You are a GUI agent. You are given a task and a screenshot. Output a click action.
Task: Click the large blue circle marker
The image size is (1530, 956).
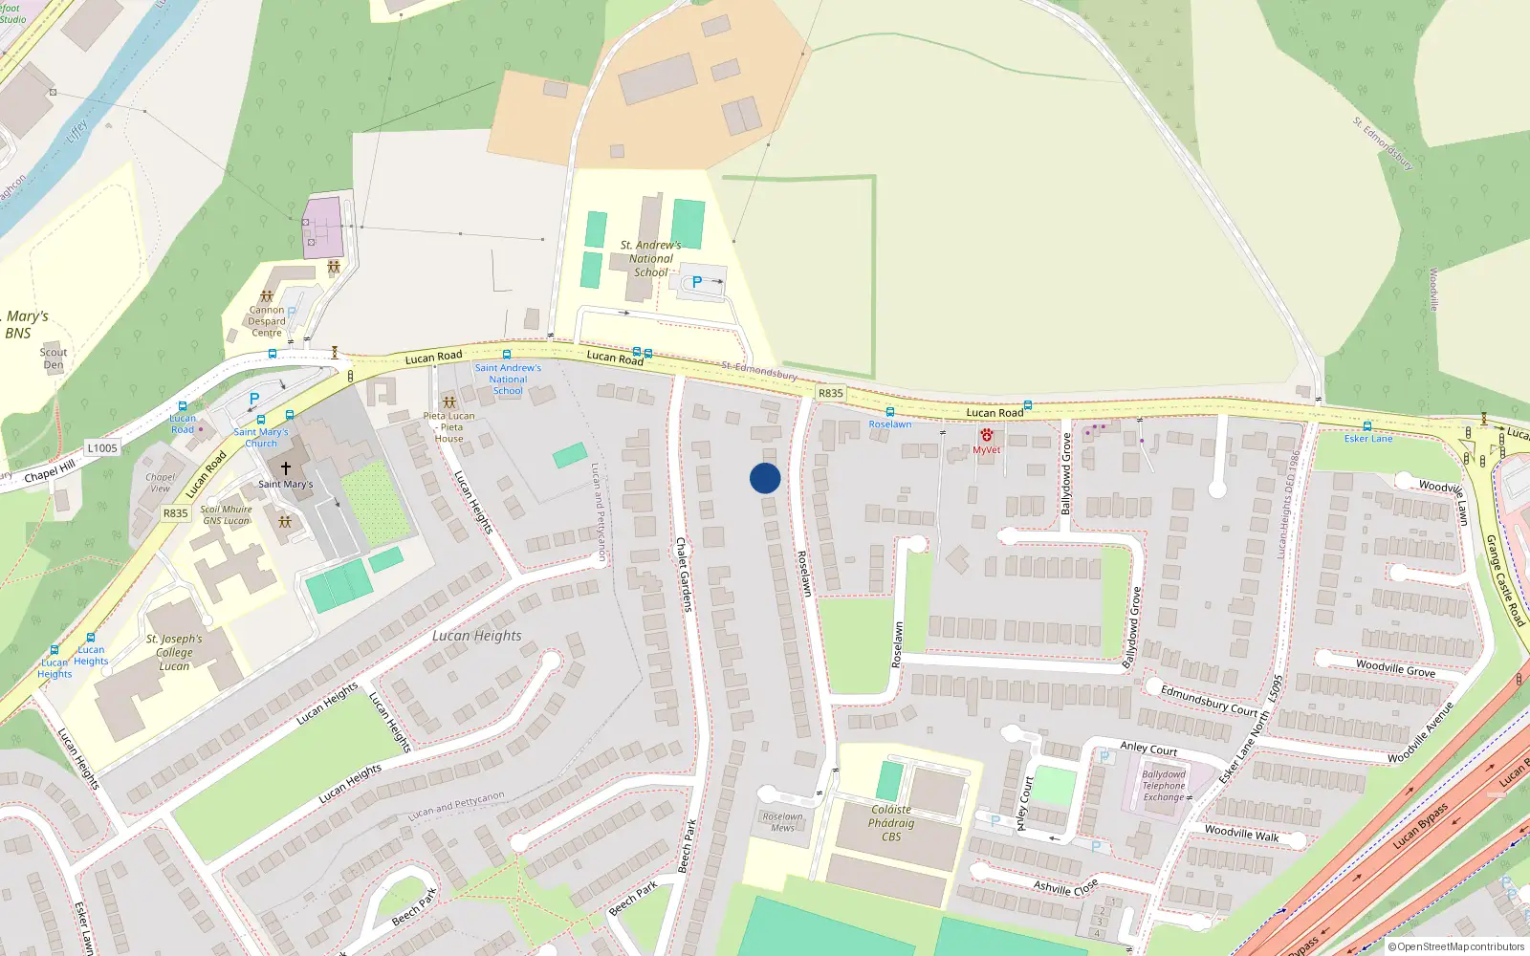pos(765,478)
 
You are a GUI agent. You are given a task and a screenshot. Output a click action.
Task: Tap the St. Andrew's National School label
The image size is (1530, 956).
pos(651,259)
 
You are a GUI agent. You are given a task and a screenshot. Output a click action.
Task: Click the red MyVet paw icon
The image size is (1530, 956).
pos(986,435)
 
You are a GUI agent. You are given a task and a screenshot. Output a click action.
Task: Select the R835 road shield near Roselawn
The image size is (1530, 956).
pos(830,393)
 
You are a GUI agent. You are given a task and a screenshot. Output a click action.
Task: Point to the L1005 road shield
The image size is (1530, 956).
pos(102,447)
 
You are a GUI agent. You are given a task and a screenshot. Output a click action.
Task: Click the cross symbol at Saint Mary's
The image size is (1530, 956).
pos(285,468)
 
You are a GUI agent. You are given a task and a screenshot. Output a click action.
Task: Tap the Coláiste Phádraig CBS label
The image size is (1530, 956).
pos(891,823)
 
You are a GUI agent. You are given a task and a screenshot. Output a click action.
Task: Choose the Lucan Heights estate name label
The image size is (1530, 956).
pos(476,636)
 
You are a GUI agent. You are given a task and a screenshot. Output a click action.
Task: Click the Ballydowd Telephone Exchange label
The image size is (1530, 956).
pos(1164,786)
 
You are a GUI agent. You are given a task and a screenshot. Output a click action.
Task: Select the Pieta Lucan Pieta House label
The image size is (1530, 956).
pos(449,427)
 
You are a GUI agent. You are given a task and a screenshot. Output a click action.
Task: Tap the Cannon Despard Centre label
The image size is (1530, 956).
pos(267,321)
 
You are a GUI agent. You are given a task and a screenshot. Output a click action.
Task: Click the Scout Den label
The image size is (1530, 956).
pos(54,358)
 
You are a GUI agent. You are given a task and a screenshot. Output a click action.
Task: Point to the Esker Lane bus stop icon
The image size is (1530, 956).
pos(1367,426)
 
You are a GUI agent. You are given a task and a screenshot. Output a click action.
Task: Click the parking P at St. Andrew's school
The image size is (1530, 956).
pos(697,282)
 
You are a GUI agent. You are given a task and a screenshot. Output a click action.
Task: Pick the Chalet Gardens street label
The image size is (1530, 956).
pos(683,575)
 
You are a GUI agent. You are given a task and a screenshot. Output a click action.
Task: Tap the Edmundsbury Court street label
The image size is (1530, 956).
pos(1209,700)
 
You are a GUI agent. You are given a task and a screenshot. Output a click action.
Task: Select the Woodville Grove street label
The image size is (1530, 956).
pos(1395,668)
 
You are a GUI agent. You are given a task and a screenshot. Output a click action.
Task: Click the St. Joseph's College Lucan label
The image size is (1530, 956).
pos(174,652)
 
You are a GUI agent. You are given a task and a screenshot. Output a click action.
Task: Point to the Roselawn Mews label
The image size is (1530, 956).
pos(782,822)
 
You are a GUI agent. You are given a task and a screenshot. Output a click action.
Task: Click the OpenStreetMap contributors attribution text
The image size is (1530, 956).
pos(1456,947)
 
